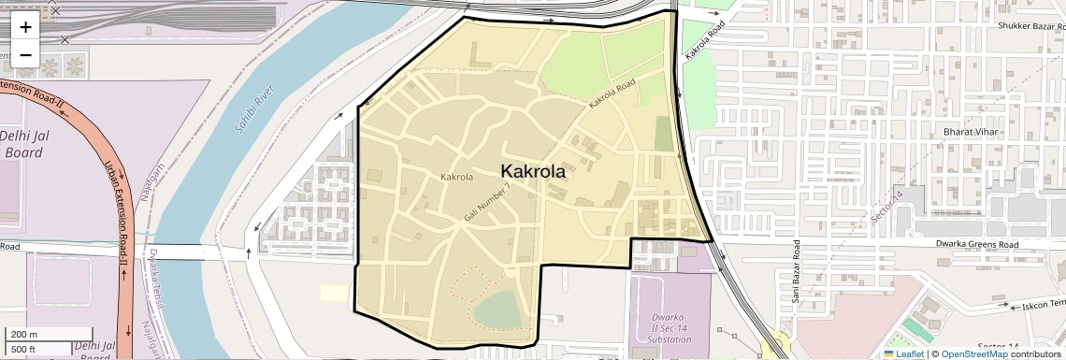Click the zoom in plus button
point(25,27)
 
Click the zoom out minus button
point(25,54)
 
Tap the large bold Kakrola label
point(533,171)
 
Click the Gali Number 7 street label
point(487,202)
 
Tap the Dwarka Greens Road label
point(977,244)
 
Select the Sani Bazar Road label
point(796,271)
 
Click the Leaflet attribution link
point(903,353)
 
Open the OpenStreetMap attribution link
point(973,353)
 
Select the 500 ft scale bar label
point(23,350)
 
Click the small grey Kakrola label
point(456,177)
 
